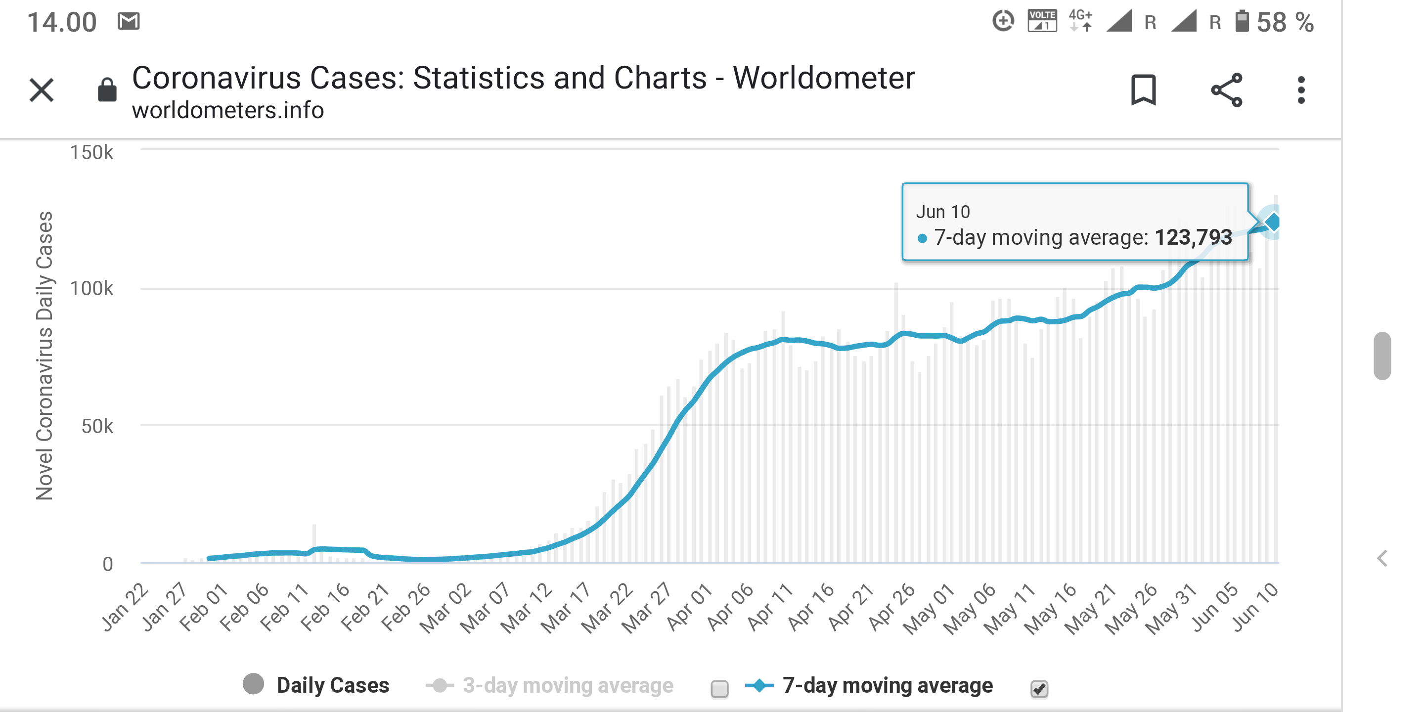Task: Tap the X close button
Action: (x=42, y=90)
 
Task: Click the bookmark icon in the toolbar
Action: (x=1143, y=89)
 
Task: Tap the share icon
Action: (x=1226, y=90)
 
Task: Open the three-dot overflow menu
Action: (x=1301, y=90)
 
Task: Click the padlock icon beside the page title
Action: (x=107, y=90)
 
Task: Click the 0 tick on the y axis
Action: (x=108, y=564)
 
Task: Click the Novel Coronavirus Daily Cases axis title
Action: (x=44, y=356)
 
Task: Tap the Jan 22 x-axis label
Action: (x=125, y=607)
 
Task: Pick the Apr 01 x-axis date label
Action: (x=689, y=607)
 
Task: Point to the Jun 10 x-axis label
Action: (x=1255, y=607)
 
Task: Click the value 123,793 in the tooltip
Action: (x=1193, y=238)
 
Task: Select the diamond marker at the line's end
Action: (x=1273, y=222)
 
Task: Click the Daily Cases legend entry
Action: (x=332, y=685)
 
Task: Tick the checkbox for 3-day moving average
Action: (x=719, y=689)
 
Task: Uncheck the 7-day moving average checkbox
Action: (x=1039, y=689)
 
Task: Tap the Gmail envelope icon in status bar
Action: (x=128, y=22)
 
